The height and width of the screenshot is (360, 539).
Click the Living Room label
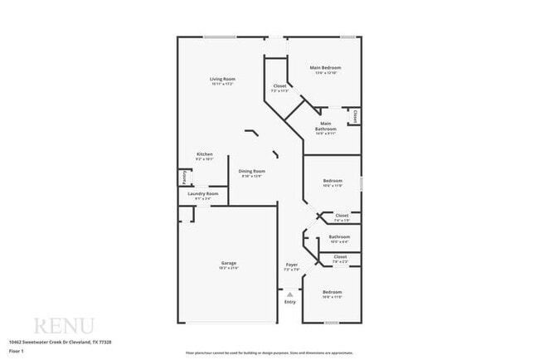222,79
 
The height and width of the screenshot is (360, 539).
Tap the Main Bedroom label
325,68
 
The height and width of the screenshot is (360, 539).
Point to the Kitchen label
205,154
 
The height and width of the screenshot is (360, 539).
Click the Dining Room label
252,171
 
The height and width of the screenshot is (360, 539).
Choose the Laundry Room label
203,193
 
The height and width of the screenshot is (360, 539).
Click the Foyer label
291,265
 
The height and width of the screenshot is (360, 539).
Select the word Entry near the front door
289,302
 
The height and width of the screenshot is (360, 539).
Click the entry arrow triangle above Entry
289,294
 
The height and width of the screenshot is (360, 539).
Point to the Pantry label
182,177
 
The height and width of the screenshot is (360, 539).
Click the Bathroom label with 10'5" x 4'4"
339,236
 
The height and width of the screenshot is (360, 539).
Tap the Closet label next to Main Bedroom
280,86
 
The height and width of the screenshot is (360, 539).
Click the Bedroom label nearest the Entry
332,292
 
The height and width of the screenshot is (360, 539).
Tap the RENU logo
63,324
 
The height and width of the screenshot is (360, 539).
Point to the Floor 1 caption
16,351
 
